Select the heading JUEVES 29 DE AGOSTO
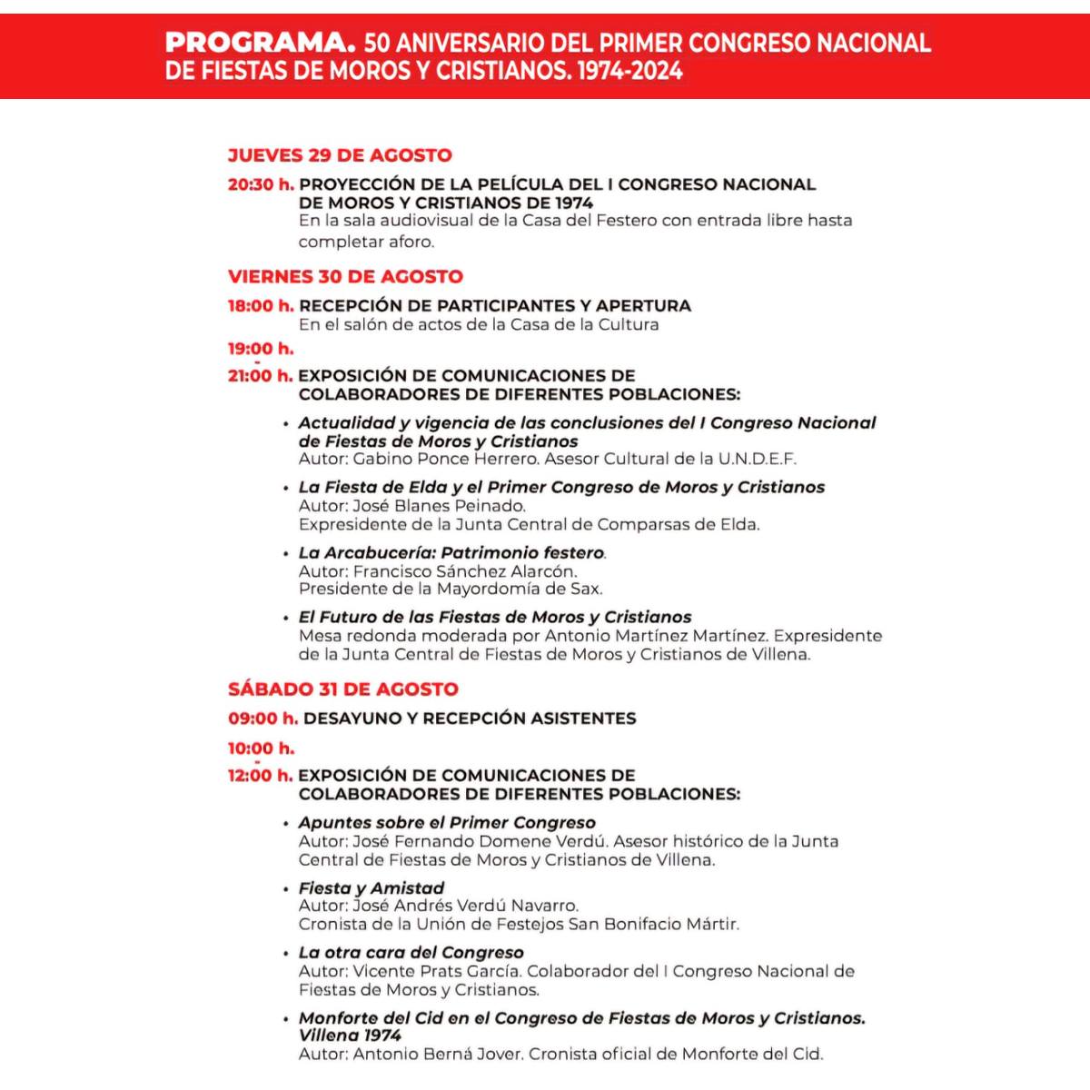tap(340, 155)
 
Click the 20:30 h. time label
tap(261, 184)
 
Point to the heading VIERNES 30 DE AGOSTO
tap(345, 276)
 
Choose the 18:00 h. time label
tap(261, 306)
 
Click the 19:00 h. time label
tap(261, 349)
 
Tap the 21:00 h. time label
tap(261, 376)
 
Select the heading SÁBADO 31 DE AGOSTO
tap(343, 689)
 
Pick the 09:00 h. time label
tap(263, 718)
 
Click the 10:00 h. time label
tap(261, 748)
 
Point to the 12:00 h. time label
tap(261, 776)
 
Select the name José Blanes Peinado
tap(439, 506)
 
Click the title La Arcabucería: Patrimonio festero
tap(451, 552)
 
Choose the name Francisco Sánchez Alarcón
tap(464, 571)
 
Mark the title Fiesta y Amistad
tap(372, 888)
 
